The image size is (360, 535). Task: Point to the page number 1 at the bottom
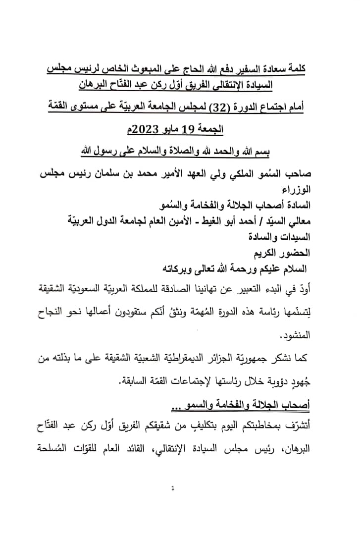(172, 488)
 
